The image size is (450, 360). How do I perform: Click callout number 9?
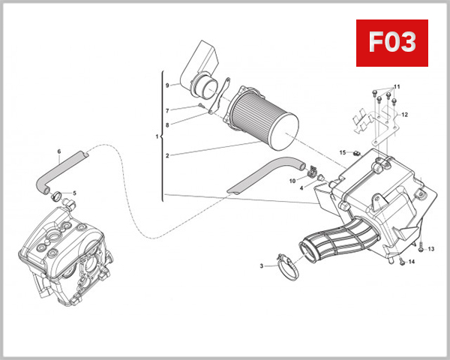[x=168, y=85]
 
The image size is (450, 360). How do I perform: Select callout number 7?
[x=168, y=110]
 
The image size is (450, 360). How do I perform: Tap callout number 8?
[x=168, y=124]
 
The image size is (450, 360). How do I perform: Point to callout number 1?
[x=156, y=136]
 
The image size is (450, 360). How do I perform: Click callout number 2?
[x=168, y=156]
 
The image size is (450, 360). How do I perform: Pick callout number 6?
[x=58, y=153]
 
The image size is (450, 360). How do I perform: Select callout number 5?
[x=74, y=193]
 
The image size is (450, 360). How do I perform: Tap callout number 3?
[x=262, y=265]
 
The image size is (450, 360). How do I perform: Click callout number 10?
[x=292, y=181]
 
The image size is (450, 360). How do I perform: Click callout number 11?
[x=397, y=87]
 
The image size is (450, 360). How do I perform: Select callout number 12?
[x=404, y=115]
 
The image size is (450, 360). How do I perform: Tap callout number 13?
[x=431, y=248]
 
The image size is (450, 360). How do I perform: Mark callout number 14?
[x=412, y=262]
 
